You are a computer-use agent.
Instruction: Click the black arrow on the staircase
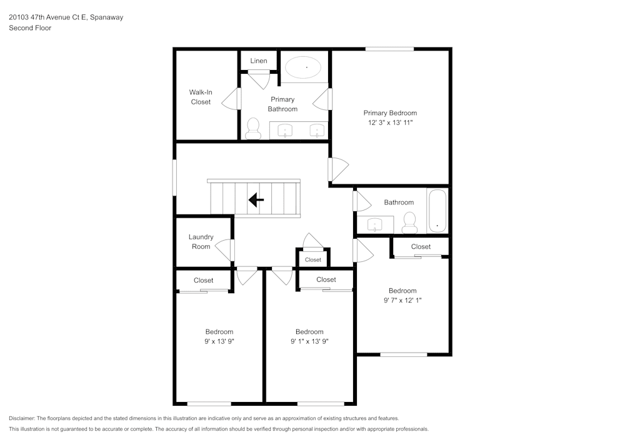tap(256, 199)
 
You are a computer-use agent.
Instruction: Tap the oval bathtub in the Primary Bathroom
tap(303, 68)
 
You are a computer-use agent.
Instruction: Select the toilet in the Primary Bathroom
tap(252, 128)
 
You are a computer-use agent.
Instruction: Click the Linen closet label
tap(259, 61)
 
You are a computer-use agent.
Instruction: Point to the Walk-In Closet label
tap(201, 97)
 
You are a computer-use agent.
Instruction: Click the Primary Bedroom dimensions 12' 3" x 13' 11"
tap(390, 123)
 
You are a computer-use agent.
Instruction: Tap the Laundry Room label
tap(201, 241)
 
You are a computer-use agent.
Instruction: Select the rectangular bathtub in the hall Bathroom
tap(437, 211)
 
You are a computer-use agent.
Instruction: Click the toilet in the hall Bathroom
tap(409, 223)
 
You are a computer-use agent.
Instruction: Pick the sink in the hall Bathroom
tap(374, 224)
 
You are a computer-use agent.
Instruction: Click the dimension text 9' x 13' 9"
tap(219, 341)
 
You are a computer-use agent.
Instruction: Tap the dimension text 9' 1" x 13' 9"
tap(310, 341)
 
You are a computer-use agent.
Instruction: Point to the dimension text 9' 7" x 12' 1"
tap(402, 300)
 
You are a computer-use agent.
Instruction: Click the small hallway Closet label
tap(313, 260)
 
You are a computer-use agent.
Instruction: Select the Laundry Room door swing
tap(223, 250)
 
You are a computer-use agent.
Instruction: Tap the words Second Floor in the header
tap(30, 28)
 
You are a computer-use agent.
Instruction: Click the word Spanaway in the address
tap(106, 17)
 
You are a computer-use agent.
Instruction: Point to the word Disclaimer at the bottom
tap(22, 418)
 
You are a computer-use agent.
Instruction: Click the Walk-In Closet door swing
tap(230, 98)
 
